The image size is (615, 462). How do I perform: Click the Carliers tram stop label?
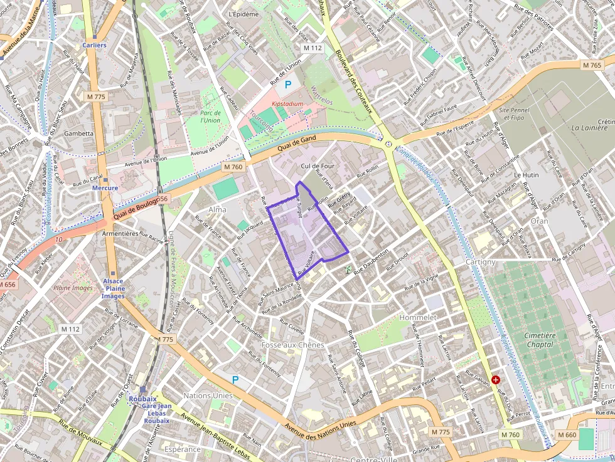pos(94,45)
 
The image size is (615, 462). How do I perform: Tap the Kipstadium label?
pos(288,103)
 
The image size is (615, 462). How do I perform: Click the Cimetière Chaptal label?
pos(540,340)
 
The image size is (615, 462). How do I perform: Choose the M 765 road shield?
pos(591,65)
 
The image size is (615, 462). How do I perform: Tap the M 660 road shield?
pos(566,435)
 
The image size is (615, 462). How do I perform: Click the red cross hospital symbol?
pos(496,380)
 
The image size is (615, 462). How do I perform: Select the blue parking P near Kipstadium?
pos(289,84)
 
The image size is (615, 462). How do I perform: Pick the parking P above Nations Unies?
pos(235,379)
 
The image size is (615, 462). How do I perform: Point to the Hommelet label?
pos(417,318)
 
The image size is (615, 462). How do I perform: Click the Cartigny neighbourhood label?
pos(481,261)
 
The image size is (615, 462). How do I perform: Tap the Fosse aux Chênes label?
pos(292,345)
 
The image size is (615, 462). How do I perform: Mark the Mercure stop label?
pos(105,187)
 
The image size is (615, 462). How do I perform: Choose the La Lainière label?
pos(589,128)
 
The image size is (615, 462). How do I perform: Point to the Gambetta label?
pos(78,134)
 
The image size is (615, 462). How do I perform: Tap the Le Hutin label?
pos(526,175)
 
